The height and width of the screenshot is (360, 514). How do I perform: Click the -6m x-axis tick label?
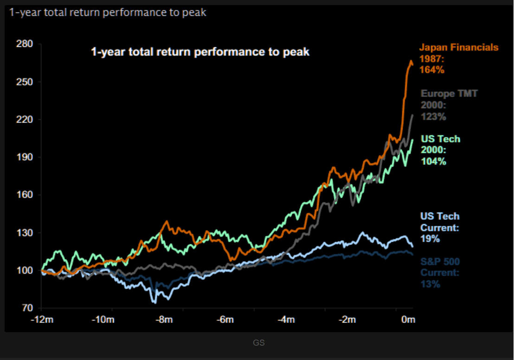[x=225, y=320]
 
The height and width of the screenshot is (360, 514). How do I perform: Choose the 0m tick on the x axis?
[x=408, y=320]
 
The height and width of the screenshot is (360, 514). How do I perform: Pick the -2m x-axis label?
[x=347, y=320]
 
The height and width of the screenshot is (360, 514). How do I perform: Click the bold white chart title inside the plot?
[x=200, y=51]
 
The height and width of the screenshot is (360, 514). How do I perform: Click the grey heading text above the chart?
[x=107, y=13]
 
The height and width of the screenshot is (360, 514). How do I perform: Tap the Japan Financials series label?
[x=458, y=47]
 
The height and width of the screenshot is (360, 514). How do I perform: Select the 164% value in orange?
[x=432, y=70]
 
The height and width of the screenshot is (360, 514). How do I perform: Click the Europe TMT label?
[x=449, y=94]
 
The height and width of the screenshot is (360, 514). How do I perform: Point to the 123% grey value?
[x=433, y=116]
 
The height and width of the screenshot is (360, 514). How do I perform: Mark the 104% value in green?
[x=433, y=161]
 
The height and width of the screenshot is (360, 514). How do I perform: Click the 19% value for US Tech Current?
[x=430, y=239]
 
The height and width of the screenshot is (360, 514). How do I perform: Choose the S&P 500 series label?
[x=440, y=262]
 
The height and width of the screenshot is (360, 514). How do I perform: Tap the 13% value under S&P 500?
[x=430, y=284]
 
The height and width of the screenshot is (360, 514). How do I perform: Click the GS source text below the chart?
[x=259, y=343]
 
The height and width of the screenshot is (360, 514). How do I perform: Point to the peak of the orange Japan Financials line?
[x=411, y=61]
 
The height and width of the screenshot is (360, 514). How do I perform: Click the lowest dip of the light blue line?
[x=155, y=302]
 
